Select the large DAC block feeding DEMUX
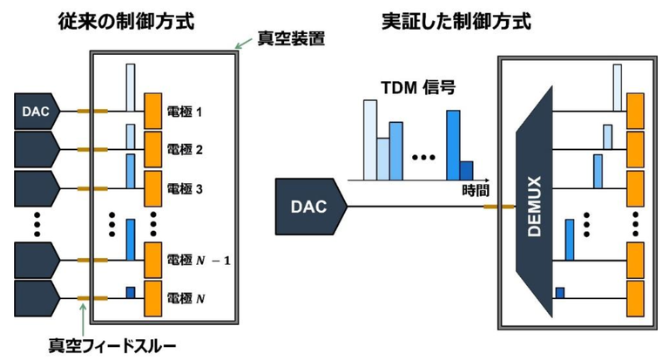[310, 207]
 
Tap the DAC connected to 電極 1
[35, 111]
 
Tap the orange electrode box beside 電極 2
[153, 149]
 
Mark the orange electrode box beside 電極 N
[153, 297]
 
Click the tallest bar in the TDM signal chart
[369, 139]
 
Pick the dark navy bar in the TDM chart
[466, 170]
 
